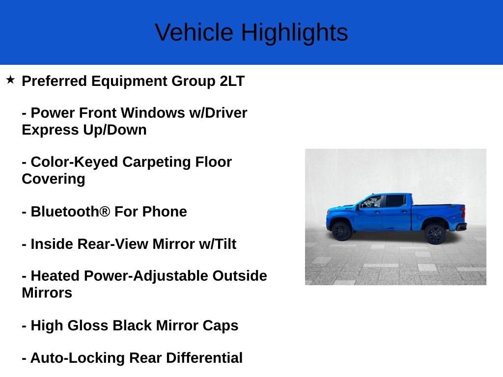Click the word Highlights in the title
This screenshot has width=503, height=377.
point(294,32)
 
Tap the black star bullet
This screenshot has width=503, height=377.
point(10,80)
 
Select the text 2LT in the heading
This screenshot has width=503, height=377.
point(232,81)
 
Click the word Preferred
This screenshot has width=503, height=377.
point(54,81)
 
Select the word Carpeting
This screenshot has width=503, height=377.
point(157,162)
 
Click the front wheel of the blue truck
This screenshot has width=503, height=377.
point(341,230)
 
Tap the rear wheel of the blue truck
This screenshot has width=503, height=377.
point(435,234)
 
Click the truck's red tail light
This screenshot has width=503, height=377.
point(463,213)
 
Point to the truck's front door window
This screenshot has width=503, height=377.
point(372,202)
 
